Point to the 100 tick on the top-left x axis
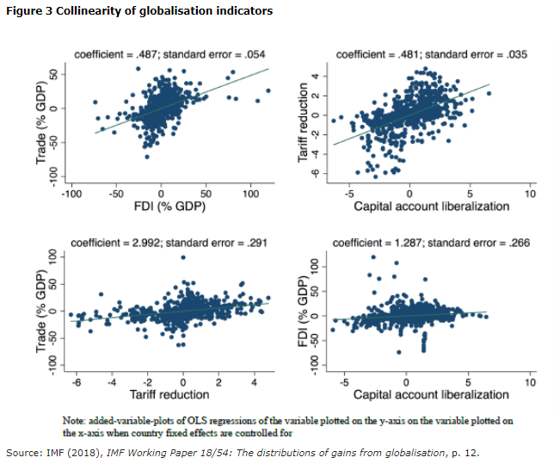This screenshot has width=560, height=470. pos(250,194)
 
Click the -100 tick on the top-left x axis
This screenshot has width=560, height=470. pos(70,194)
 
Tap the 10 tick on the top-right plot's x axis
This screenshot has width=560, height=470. pos(530,194)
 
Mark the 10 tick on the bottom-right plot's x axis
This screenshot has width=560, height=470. pos(530,382)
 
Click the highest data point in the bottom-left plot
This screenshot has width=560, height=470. pos(182,257)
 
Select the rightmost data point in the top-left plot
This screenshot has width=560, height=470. pos(268,90)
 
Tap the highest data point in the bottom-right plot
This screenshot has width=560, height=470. pos(373,257)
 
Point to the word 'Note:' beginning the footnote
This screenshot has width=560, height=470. pos(74,419)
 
